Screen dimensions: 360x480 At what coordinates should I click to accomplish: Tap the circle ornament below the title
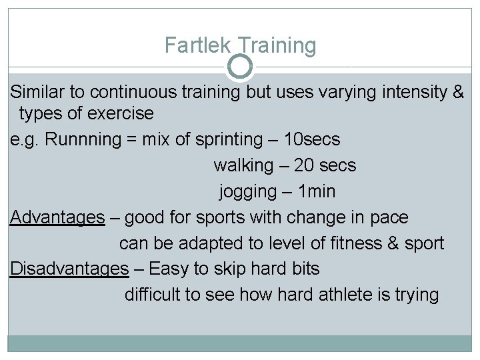pyautogui.click(x=240, y=66)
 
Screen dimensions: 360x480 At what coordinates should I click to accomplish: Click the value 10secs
pyautogui.click(x=311, y=139)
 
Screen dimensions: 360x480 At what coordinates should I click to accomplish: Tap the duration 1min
pyautogui.click(x=317, y=192)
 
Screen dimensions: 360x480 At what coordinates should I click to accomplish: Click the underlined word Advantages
pyautogui.click(x=57, y=217)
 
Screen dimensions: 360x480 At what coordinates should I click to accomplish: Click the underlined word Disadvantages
pyautogui.click(x=69, y=269)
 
